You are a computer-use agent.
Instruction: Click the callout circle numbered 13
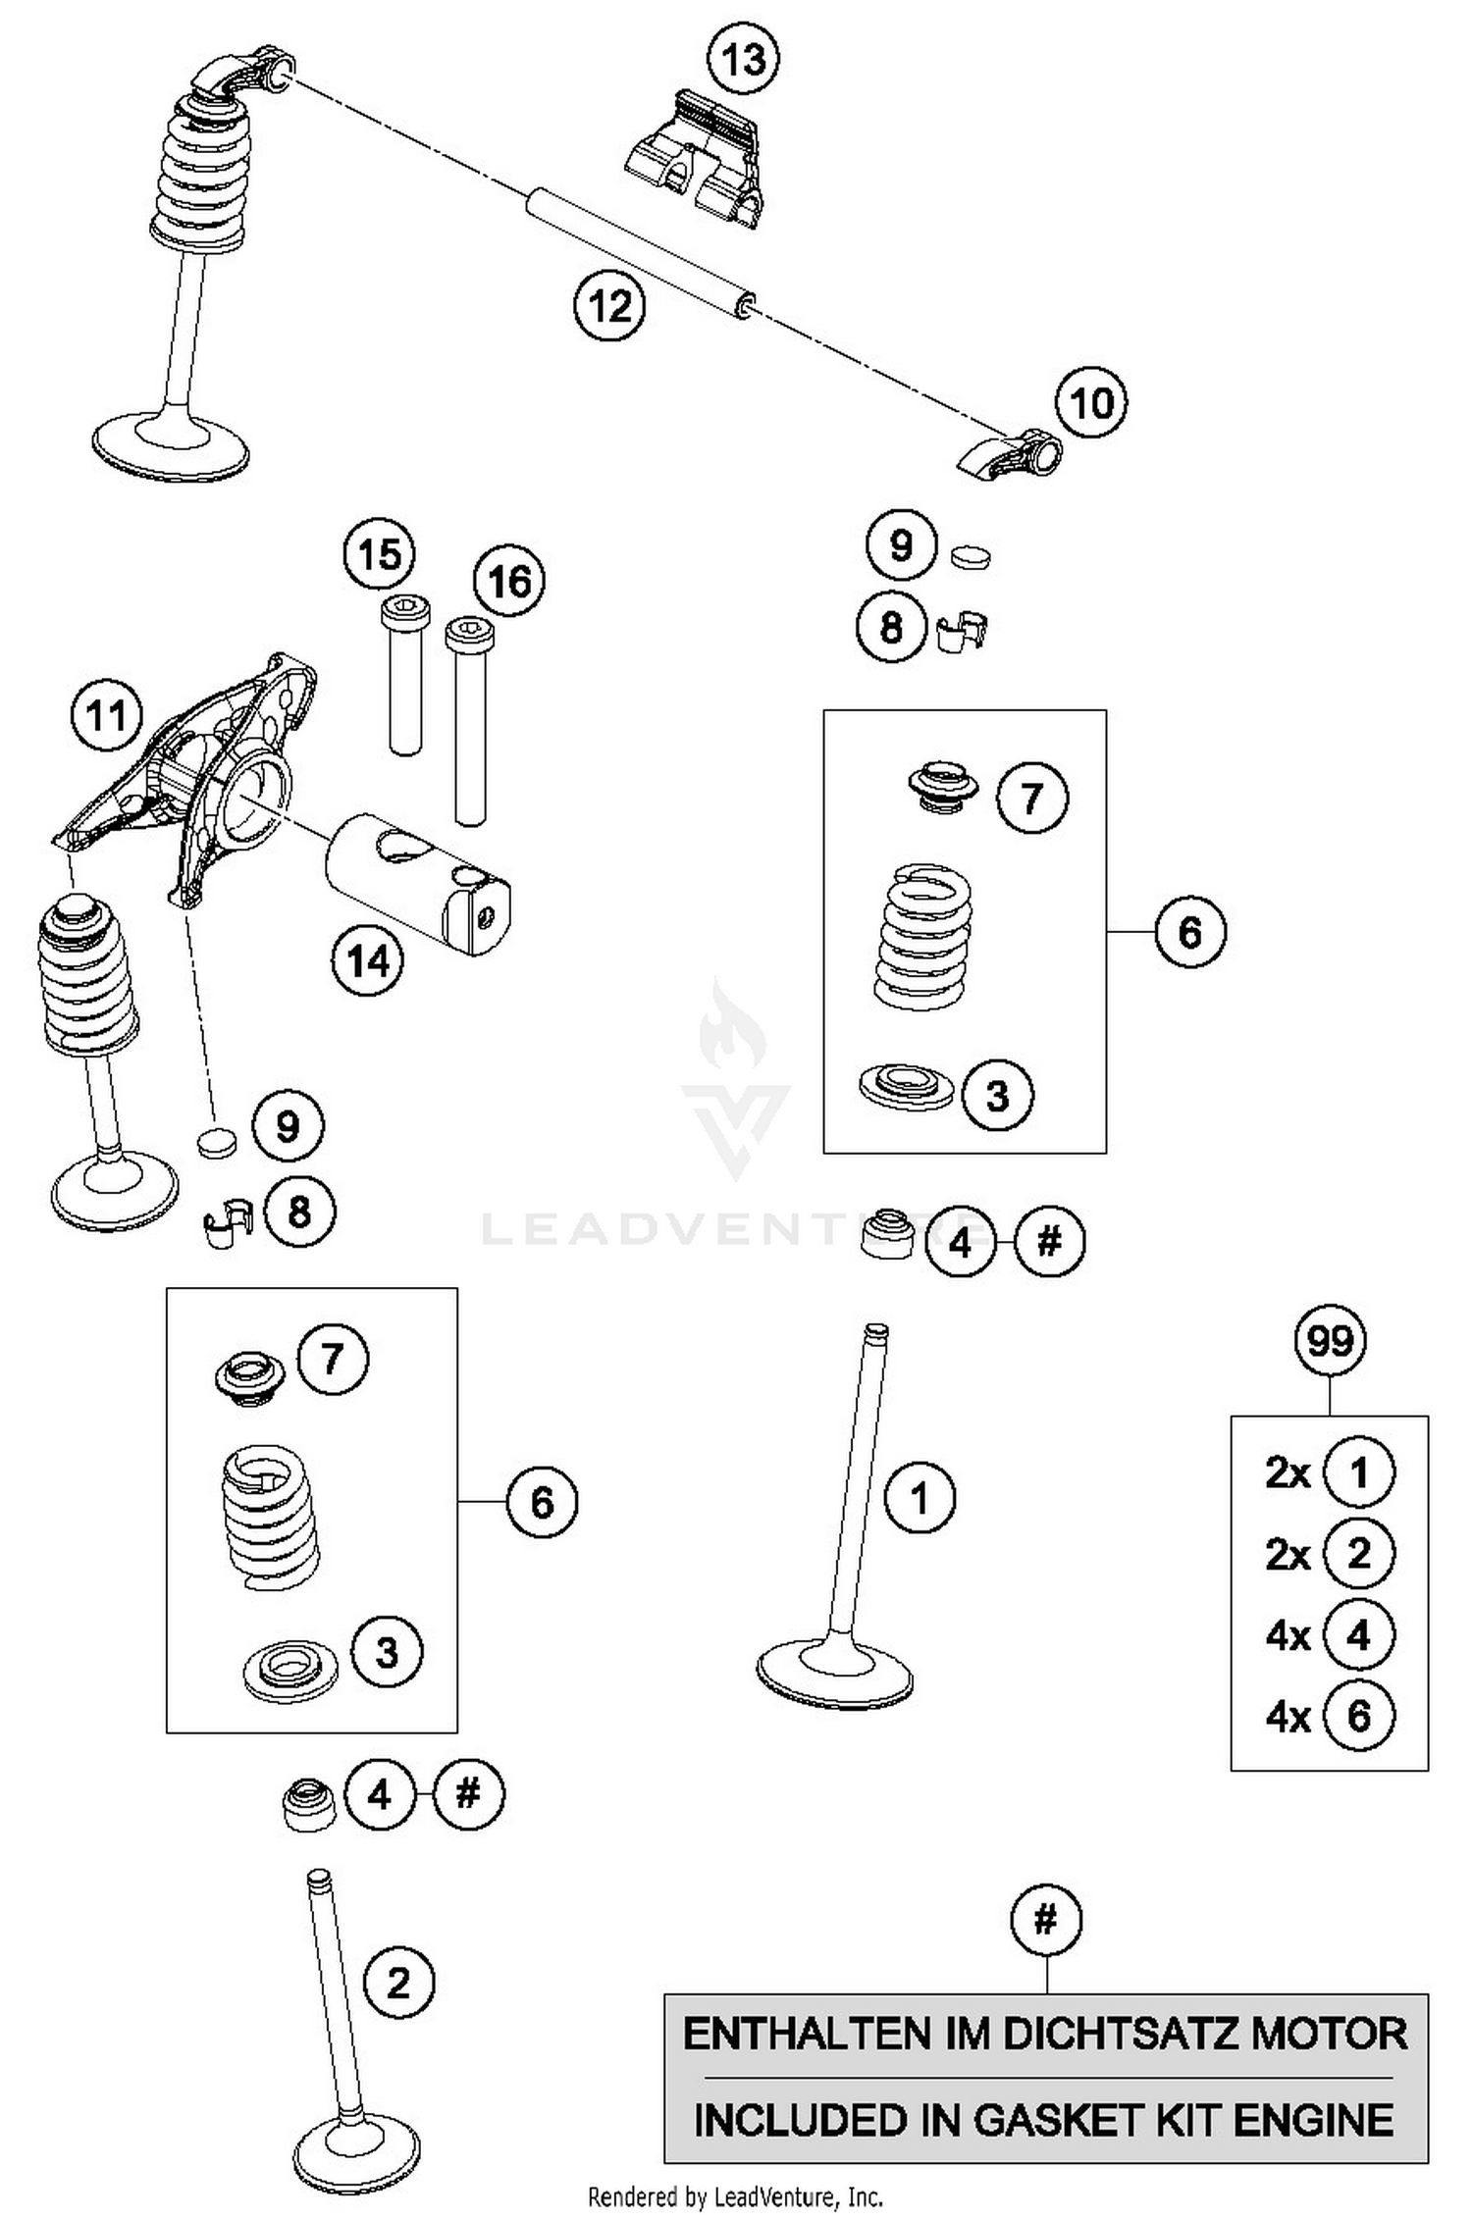(x=743, y=59)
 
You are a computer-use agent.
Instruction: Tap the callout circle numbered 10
(x=1091, y=403)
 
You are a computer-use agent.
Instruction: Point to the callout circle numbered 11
(x=107, y=716)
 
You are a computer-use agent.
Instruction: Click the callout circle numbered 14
(x=367, y=960)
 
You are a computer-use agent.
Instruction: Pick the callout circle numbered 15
(x=379, y=555)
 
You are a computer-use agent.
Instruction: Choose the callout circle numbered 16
(x=508, y=581)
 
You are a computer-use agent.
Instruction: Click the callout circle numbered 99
(x=1330, y=1340)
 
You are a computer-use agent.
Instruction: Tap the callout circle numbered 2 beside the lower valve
(x=397, y=1984)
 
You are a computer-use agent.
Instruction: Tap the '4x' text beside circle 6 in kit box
(x=1288, y=1717)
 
